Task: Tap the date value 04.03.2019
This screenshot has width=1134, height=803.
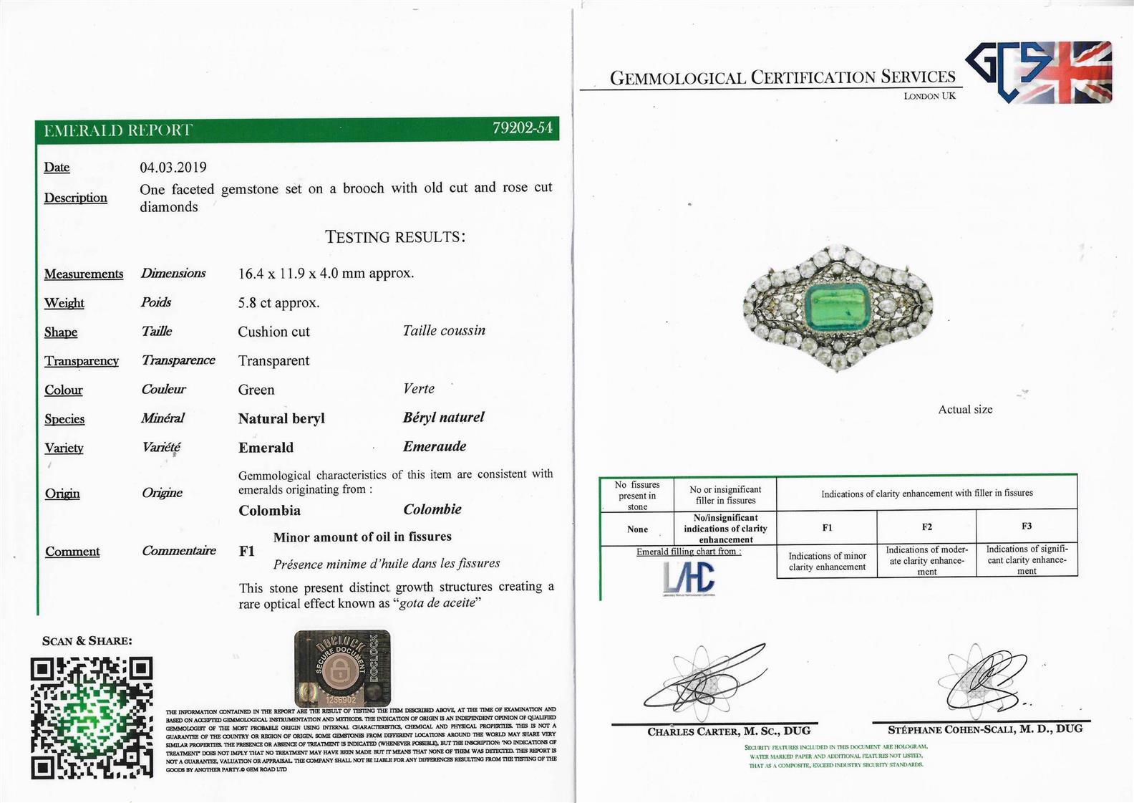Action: [x=173, y=168]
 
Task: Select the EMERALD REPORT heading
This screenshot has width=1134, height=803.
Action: [x=118, y=130]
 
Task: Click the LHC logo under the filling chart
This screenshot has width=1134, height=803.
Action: [x=688, y=577]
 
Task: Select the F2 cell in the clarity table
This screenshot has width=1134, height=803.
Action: [x=926, y=526]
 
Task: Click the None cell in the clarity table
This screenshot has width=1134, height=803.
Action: [x=637, y=529]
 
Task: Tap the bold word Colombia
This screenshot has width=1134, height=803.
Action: [x=269, y=511]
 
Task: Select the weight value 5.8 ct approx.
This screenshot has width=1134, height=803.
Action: [x=278, y=303]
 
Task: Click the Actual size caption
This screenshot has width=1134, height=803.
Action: [x=965, y=410]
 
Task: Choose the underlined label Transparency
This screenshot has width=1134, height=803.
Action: [x=82, y=361]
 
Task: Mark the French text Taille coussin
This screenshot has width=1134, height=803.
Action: [x=444, y=331]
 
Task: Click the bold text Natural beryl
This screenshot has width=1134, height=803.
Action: [x=281, y=419]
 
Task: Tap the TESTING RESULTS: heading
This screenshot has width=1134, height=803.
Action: [x=395, y=237]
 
